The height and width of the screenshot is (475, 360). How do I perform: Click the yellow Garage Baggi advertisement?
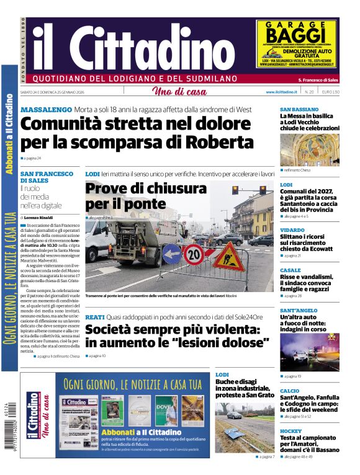297,44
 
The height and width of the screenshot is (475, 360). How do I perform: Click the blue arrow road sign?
171,253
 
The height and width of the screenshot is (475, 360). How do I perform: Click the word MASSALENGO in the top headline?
47,110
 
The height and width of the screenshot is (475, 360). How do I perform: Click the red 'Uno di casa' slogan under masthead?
179,92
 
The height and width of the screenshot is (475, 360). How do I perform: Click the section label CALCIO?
289,391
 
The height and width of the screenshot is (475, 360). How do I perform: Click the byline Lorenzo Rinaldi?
42,218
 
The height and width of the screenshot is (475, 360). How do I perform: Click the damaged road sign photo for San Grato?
245,427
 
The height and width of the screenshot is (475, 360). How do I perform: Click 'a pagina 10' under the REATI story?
97,356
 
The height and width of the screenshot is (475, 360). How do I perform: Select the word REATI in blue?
95,316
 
